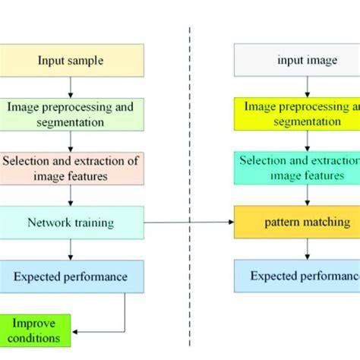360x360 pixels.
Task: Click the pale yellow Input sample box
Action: click(70, 59)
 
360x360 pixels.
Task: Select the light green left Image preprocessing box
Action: click(70, 114)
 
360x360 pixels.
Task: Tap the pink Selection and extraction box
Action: click(70, 168)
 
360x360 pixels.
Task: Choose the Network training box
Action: click(70, 223)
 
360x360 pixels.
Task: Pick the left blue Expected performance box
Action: click(70, 276)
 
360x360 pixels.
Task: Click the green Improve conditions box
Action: click(36, 331)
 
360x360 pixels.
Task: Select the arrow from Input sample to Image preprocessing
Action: click(70, 87)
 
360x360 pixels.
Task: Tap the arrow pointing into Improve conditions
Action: click(99, 331)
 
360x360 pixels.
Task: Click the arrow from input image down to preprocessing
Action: click(307, 87)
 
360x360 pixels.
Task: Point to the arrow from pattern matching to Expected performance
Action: click(307, 249)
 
